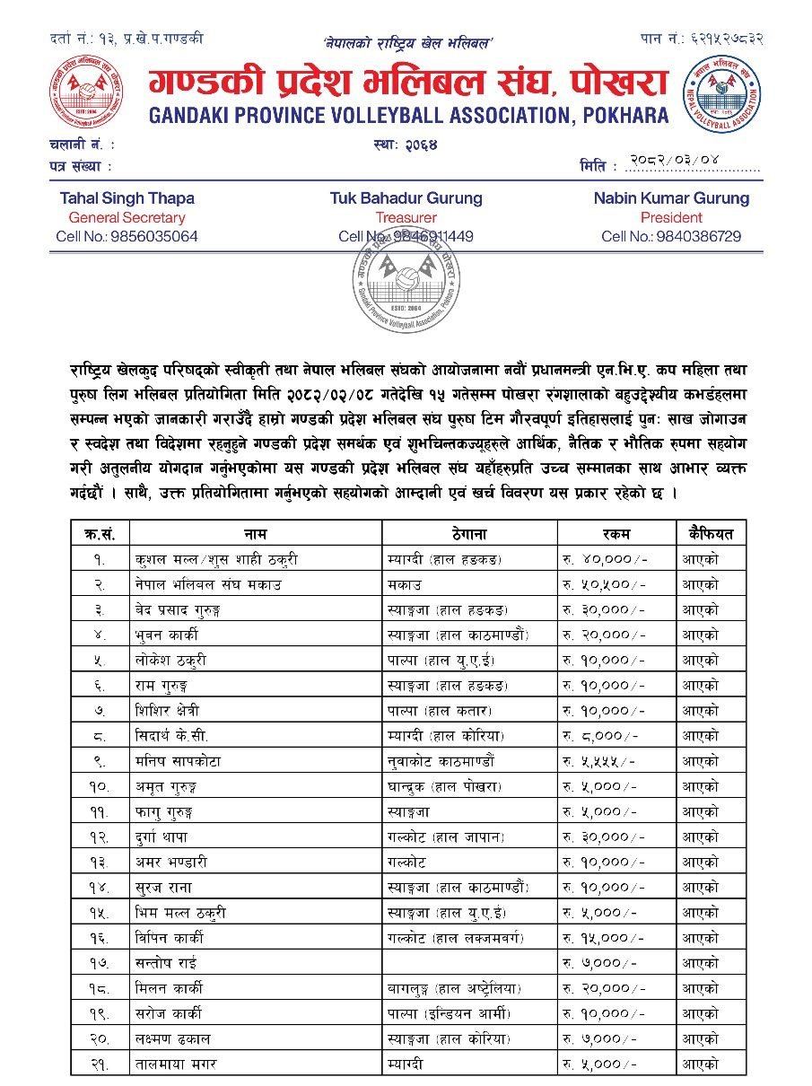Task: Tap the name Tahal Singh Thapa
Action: point(127,198)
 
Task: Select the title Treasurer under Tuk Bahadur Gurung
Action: point(406,217)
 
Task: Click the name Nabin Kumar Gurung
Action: point(671,198)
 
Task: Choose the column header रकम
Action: point(616,533)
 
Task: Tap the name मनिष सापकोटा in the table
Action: point(173,761)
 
